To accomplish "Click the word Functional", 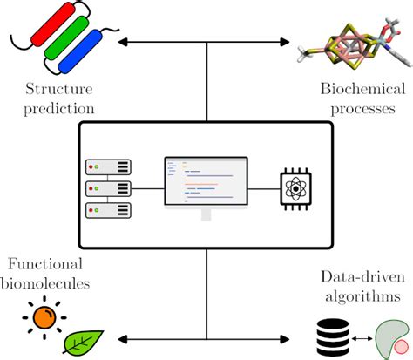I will coord(48,264).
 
